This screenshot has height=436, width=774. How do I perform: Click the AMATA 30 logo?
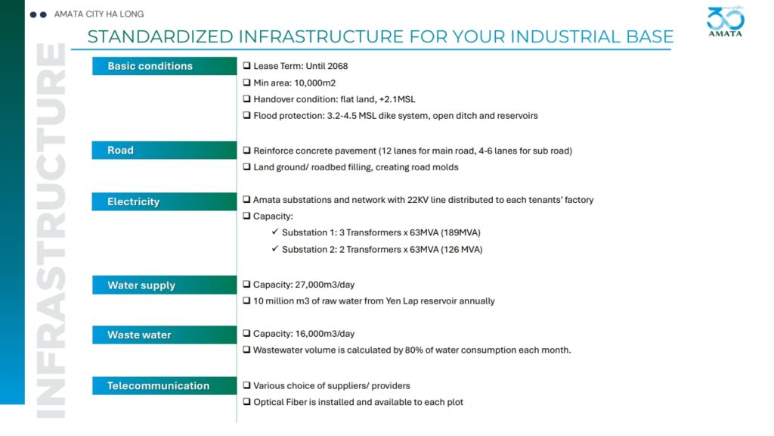(x=725, y=22)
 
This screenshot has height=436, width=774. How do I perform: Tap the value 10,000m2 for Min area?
(x=315, y=83)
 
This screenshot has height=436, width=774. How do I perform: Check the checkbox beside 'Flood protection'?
(x=247, y=115)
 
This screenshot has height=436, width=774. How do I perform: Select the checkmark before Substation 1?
(x=275, y=232)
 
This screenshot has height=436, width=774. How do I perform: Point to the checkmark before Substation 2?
(x=275, y=248)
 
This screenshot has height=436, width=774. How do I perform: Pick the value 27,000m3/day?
(x=325, y=285)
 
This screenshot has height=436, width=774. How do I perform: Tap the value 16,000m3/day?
(x=325, y=334)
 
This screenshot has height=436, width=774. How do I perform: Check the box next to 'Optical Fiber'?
(x=247, y=401)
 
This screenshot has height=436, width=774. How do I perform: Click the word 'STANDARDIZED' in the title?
(x=160, y=36)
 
